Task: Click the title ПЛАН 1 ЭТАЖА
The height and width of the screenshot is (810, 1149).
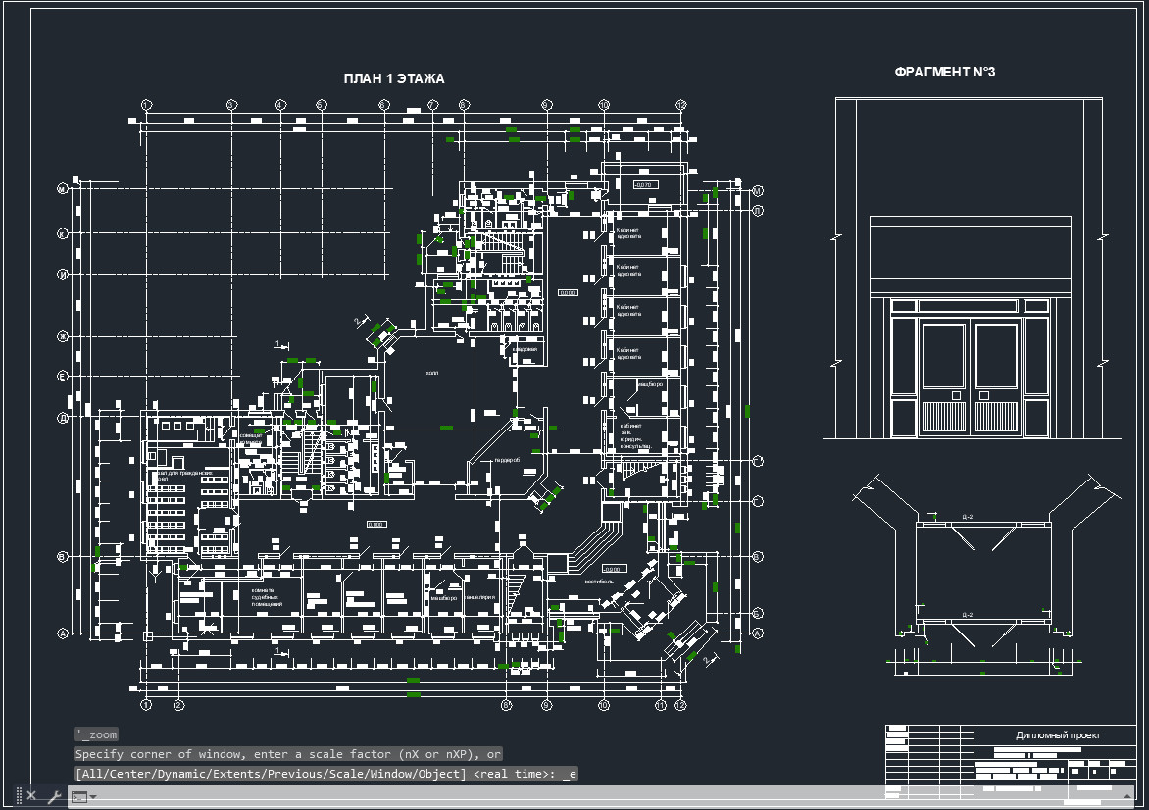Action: point(394,79)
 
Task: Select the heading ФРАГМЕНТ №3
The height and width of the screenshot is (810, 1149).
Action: point(945,73)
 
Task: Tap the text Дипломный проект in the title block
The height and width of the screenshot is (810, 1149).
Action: point(1058,735)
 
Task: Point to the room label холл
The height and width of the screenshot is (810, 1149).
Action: point(432,373)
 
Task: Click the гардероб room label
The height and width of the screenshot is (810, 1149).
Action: point(506,460)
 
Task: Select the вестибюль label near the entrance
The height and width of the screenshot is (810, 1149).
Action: point(598,582)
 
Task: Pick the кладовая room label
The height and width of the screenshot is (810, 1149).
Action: point(525,349)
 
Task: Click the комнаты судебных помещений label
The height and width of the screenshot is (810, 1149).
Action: point(267,596)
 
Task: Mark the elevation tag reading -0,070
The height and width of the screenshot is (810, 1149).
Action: point(644,184)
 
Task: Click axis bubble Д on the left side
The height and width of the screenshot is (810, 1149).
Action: point(62,418)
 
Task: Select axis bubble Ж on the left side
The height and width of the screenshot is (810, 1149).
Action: point(62,336)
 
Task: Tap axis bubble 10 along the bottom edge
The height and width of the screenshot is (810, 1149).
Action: point(603,705)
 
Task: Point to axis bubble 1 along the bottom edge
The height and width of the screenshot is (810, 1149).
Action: point(145,705)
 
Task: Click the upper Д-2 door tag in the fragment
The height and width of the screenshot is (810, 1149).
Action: point(967,516)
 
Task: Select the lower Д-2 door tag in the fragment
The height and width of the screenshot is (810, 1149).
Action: point(967,615)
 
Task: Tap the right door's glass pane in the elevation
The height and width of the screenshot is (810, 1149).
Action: point(995,354)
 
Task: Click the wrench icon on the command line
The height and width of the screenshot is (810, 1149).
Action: point(54,796)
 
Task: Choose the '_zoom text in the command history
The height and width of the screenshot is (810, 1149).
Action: point(96,734)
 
